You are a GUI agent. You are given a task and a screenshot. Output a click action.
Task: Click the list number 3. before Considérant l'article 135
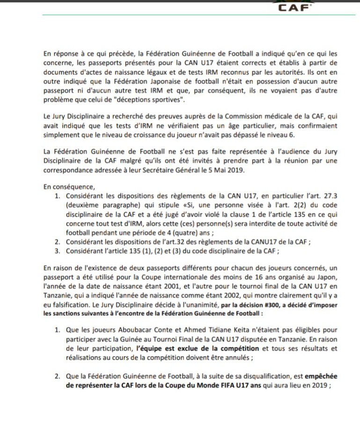57,251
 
